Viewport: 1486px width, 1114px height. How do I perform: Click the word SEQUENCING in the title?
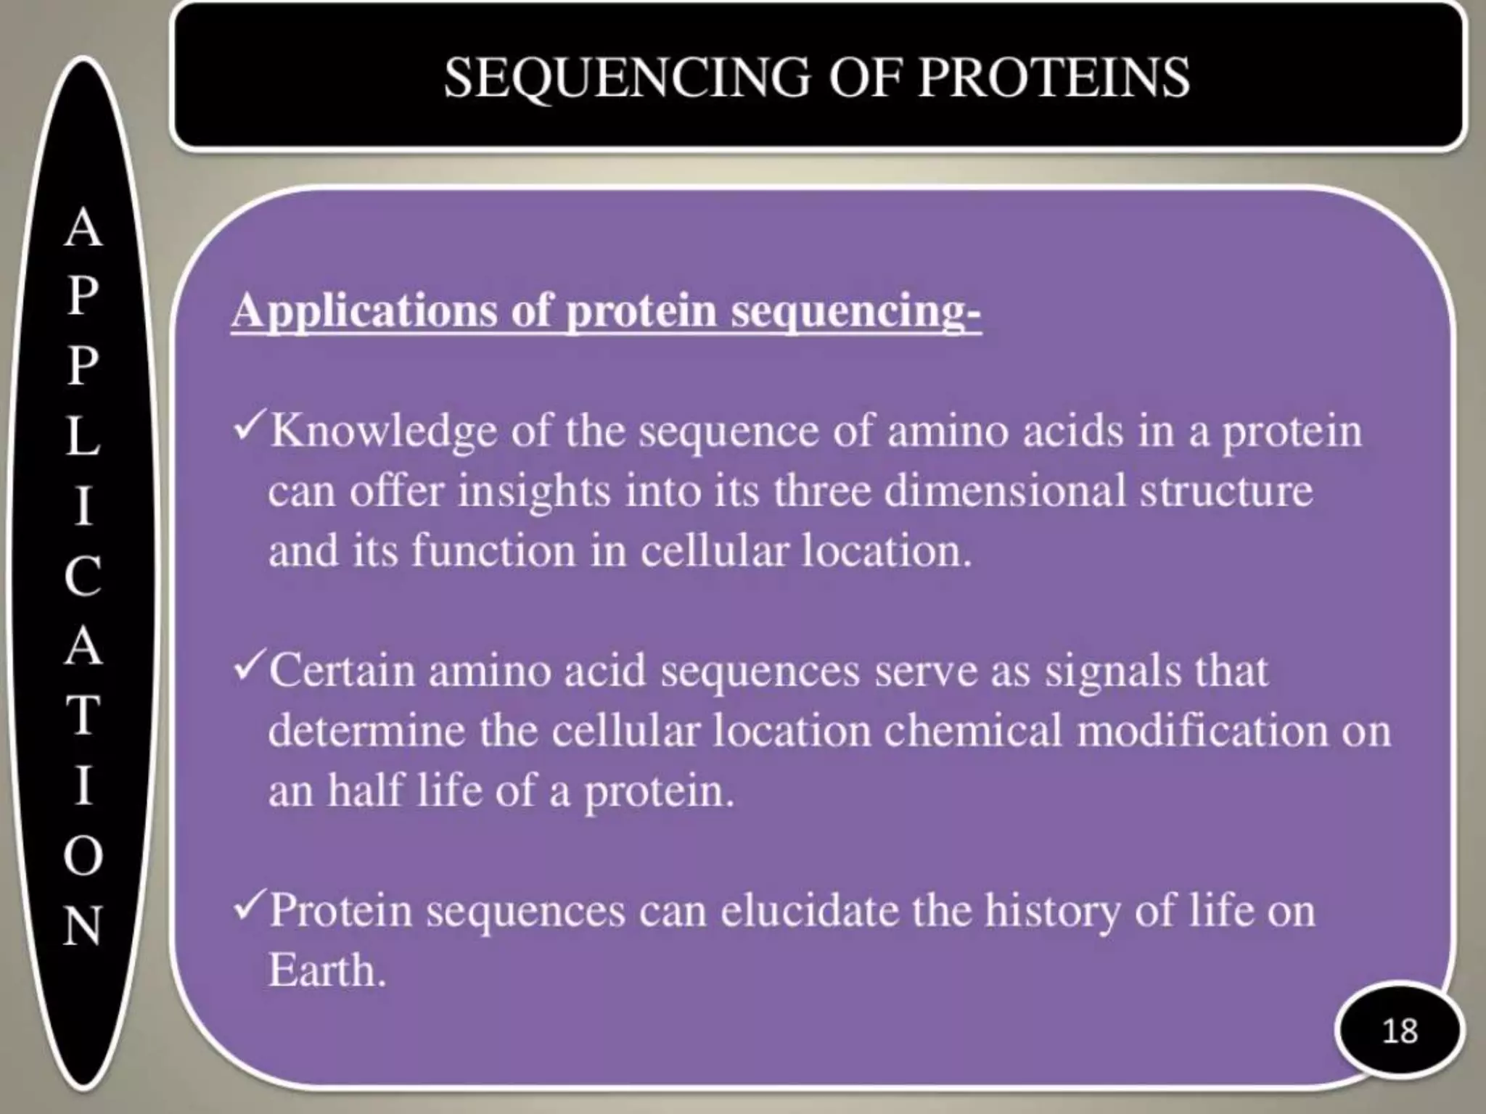coord(626,78)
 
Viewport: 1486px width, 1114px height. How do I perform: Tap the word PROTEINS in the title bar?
coord(1054,78)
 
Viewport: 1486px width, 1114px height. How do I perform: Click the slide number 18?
coord(1399,1031)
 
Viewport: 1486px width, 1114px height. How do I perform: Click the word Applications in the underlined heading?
coord(365,312)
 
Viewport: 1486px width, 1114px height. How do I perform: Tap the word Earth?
coord(326,971)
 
